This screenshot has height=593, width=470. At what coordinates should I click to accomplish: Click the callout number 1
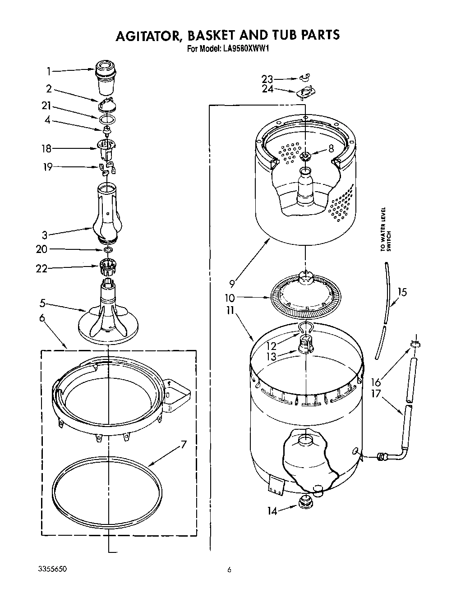tap(48, 71)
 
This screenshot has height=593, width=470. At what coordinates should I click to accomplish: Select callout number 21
tap(46, 106)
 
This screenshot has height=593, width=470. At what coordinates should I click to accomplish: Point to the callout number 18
tap(46, 148)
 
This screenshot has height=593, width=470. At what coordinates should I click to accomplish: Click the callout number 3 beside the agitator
tap(45, 235)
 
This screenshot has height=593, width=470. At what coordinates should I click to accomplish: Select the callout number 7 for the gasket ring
tap(183, 444)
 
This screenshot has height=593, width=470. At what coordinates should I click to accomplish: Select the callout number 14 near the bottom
tap(272, 511)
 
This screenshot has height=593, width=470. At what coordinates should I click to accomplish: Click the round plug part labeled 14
tap(305, 501)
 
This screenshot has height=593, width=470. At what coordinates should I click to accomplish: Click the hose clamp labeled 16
tap(414, 345)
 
